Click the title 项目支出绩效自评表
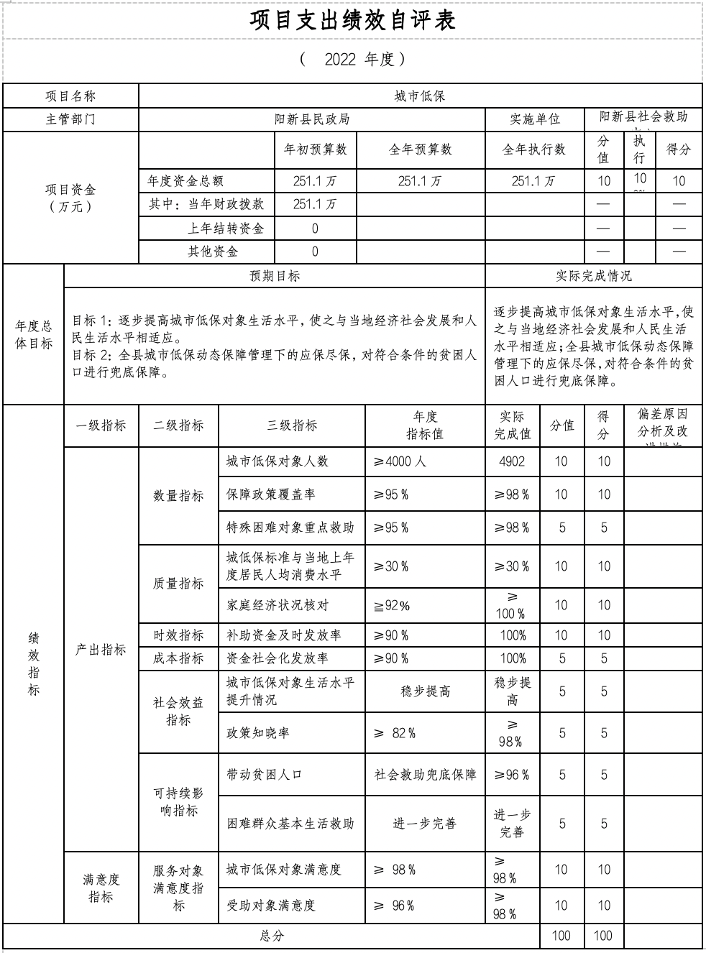[352, 20]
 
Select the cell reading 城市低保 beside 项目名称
[420, 96]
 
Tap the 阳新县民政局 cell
[312, 119]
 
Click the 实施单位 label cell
[535, 119]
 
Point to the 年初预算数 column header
[315, 149]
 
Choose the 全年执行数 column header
[534, 149]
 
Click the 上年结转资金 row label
[226, 229]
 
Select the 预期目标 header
[275, 276]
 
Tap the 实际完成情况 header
[593, 276]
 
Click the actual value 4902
[512, 461]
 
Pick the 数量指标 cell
[178, 496]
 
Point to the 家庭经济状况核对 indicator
[278, 605]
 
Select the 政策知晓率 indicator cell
[258, 733]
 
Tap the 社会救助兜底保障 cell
[425, 775]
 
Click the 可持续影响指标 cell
[178, 802]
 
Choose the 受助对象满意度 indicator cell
[271, 906]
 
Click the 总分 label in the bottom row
[271, 936]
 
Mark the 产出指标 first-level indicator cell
[101, 650]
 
